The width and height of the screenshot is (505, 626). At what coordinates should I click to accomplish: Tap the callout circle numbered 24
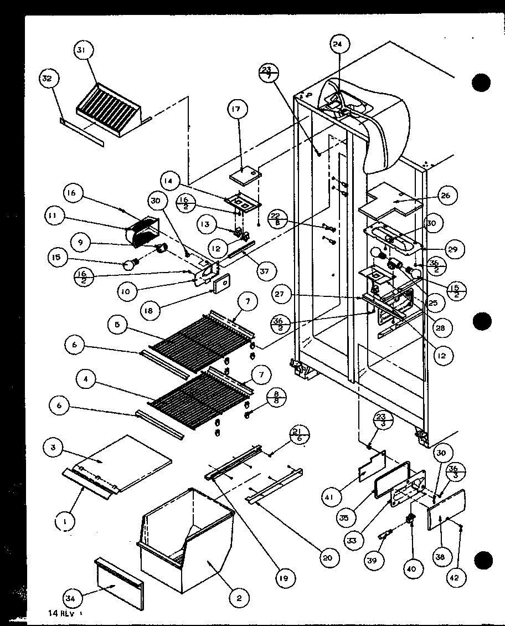point(338,43)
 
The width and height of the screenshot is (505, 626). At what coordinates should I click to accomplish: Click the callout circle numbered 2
point(239,598)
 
